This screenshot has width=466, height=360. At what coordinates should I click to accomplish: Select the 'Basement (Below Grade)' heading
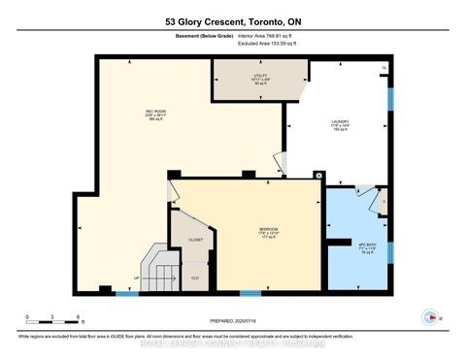pos(198,38)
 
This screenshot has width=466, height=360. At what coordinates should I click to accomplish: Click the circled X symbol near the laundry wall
pos(318,176)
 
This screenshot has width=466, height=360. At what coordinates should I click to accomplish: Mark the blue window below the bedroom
pos(250,292)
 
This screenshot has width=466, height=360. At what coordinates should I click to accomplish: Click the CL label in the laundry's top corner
pos(384,68)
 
